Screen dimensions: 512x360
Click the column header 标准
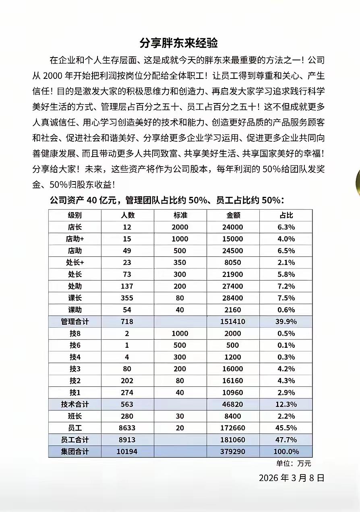pyautogui.click(x=180, y=215)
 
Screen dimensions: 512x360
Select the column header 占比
pyautogui.click(x=286, y=215)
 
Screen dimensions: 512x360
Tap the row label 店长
pyautogui.click(x=75, y=227)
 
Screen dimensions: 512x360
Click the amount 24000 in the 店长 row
pyautogui.click(x=233, y=227)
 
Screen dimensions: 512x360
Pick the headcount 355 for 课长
pyautogui.click(x=127, y=298)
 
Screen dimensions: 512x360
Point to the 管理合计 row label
pyautogui.click(x=75, y=322)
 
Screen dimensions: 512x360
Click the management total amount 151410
pyautogui.click(x=233, y=322)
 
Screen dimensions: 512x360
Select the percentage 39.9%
pyautogui.click(x=286, y=322)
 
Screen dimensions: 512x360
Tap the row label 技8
pyautogui.click(x=75, y=334)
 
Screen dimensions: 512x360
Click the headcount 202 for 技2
pyautogui.click(x=127, y=381)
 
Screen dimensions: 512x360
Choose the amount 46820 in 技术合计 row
pyautogui.click(x=233, y=405)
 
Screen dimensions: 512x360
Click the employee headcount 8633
pyautogui.click(x=127, y=428)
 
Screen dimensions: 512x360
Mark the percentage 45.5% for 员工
pyautogui.click(x=286, y=428)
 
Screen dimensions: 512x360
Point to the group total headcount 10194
pyautogui.click(x=127, y=452)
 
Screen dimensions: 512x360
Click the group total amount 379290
pyautogui.click(x=233, y=452)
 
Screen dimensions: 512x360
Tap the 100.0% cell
pyautogui.click(x=286, y=452)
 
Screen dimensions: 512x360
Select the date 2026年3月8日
pyautogui.click(x=291, y=478)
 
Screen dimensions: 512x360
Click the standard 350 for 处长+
pyautogui.click(x=180, y=262)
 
